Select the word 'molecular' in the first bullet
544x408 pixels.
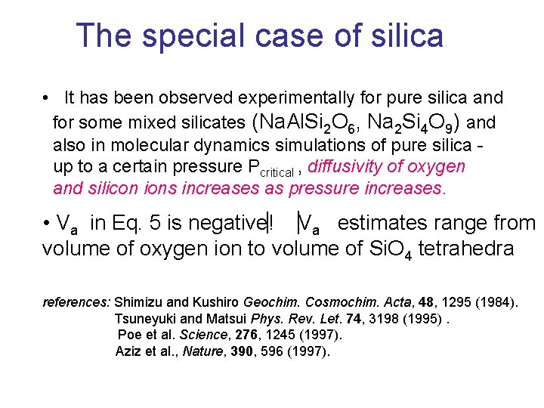[x=142, y=145]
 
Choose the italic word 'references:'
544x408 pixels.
[x=76, y=302]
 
